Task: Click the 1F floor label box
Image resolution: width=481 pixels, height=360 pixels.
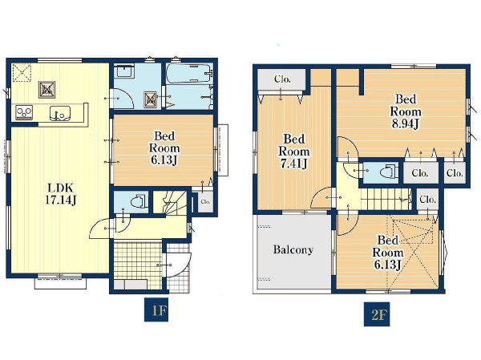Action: (x=156, y=309)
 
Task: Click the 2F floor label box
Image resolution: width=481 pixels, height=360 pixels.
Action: (x=377, y=314)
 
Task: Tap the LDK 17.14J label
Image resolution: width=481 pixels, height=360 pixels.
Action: (x=60, y=194)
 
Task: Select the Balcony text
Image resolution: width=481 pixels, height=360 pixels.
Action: (x=293, y=249)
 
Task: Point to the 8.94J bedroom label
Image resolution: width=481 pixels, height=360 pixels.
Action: (x=406, y=111)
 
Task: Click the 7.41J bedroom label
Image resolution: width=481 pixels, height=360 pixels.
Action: (x=293, y=152)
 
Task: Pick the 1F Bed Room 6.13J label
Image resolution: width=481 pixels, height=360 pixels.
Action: (x=164, y=148)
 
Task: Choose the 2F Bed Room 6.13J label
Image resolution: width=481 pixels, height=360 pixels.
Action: (x=388, y=253)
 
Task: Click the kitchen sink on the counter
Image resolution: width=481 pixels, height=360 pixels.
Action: (x=60, y=113)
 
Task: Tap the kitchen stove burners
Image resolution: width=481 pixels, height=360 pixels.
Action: (x=24, y=112)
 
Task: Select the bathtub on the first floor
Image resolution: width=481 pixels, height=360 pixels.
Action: (x=189, y=73)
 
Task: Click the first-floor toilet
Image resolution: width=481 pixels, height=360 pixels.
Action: (x=138, y=203)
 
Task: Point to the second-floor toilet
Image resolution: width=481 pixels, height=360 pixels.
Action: (x=388, y=172)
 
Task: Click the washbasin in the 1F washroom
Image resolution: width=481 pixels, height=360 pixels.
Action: (x=124, y=71)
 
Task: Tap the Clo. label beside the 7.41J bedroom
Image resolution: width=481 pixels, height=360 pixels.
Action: (x=282, y=79)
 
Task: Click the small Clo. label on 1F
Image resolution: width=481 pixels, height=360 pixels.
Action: (x=205, y=201)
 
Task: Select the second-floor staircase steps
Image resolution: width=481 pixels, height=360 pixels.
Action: (x=386, y=199)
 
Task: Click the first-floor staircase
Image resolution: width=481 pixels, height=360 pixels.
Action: (x=170, y=203)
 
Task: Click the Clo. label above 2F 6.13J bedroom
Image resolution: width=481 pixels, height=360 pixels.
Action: (x=427, y=200)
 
